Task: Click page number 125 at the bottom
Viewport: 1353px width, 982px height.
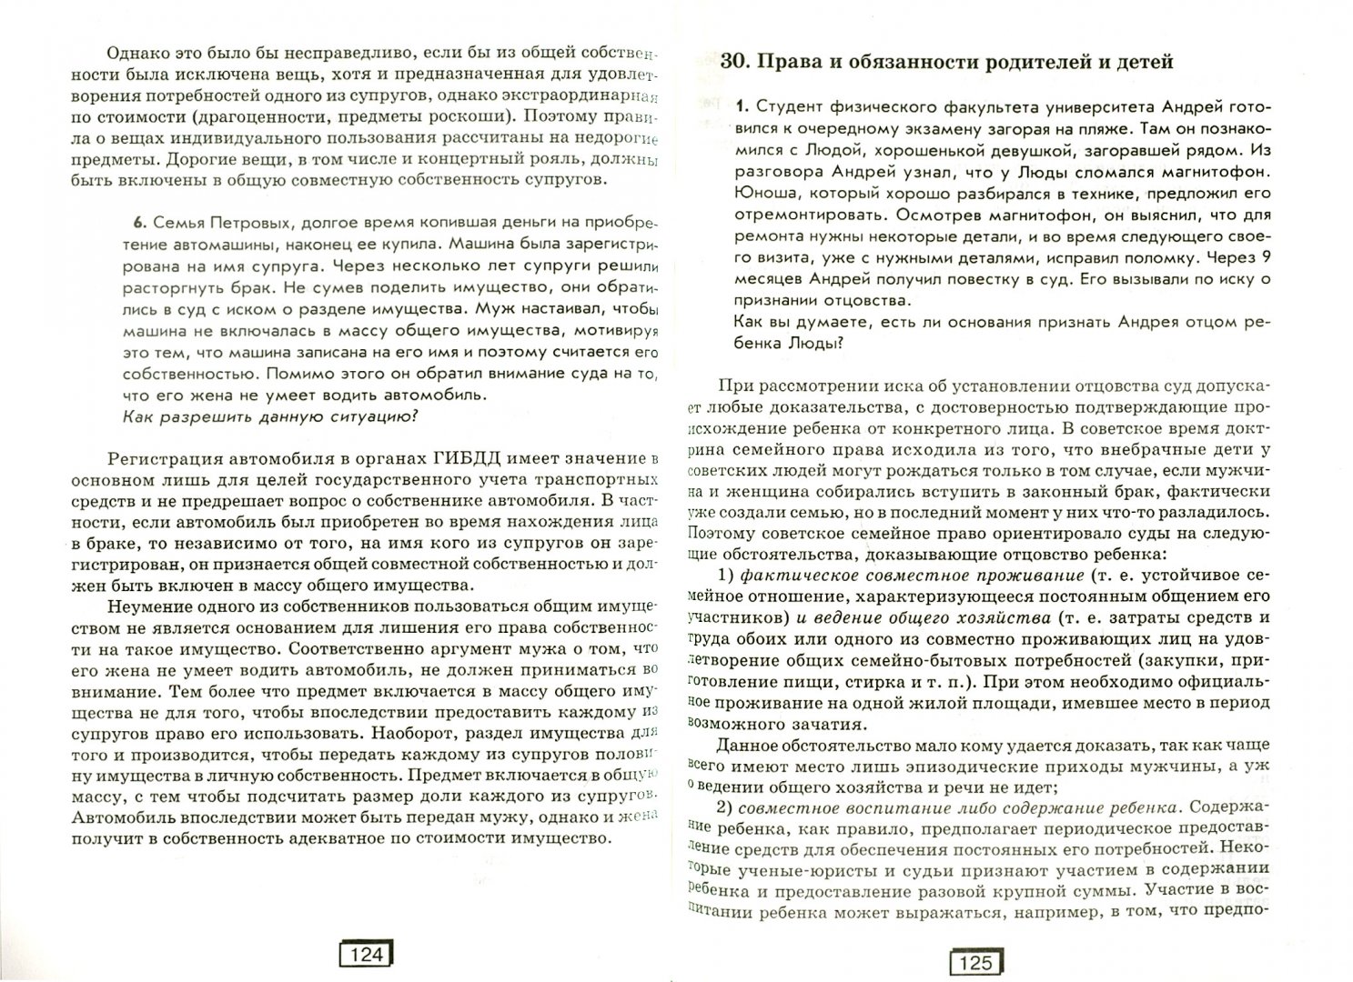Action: pyautogui.click(x=975, y=962)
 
